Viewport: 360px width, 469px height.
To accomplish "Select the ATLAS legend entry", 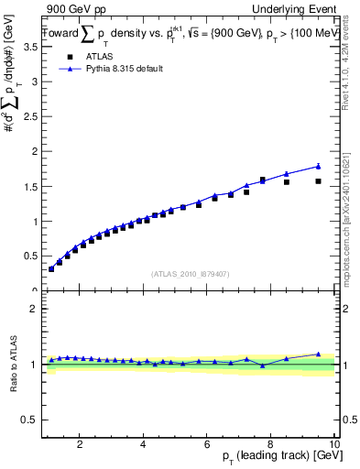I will (89, 56).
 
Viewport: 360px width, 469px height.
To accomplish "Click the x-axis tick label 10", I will (333, 444).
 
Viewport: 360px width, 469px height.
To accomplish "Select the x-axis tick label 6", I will (207, 444).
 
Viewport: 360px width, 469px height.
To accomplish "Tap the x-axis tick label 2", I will (80, 444).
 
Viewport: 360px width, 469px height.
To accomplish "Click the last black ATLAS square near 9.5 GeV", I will (318, 181).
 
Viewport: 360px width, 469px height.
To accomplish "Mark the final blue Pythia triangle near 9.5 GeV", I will (318, 166).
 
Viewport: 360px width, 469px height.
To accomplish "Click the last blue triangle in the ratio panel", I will (318, 354).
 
